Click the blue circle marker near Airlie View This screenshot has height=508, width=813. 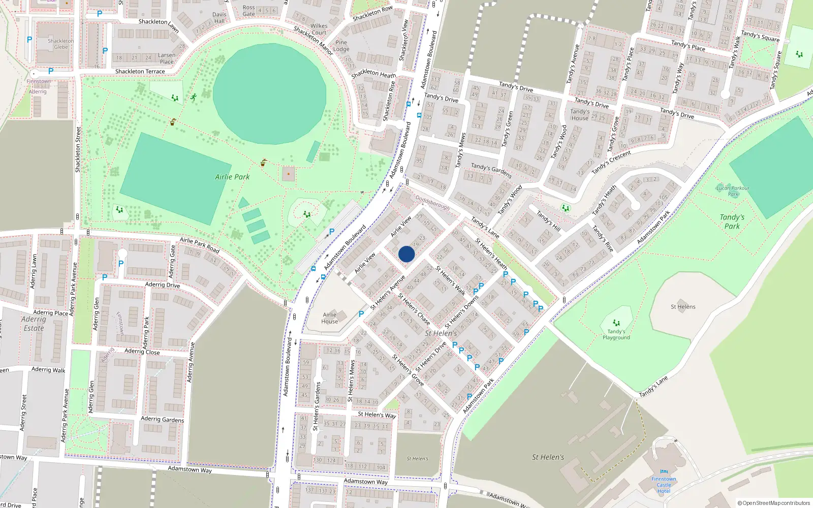pos(407,254)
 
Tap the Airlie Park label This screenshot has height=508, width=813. pos(232,177)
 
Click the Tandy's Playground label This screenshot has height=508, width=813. pos(616,335)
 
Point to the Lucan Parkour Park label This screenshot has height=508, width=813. pos(733,191)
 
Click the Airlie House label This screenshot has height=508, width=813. pos(329,318)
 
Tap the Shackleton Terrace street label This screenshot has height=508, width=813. pos(140,72)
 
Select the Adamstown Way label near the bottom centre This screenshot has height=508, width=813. pos(365,481)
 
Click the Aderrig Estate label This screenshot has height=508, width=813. pos(34,324)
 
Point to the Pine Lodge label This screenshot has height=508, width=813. pos(341,46)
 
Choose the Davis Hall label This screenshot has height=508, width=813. pos(220,18)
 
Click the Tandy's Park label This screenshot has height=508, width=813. pos(732,221)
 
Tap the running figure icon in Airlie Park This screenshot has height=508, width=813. pos(194,97)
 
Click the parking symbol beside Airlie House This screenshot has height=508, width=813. pos(361,314)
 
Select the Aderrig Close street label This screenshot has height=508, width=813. pos(142,352)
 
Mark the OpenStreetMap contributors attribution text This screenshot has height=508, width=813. pos(773,503)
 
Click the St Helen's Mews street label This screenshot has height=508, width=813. pos(352,381)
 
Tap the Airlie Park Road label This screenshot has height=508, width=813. pos(199,245)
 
